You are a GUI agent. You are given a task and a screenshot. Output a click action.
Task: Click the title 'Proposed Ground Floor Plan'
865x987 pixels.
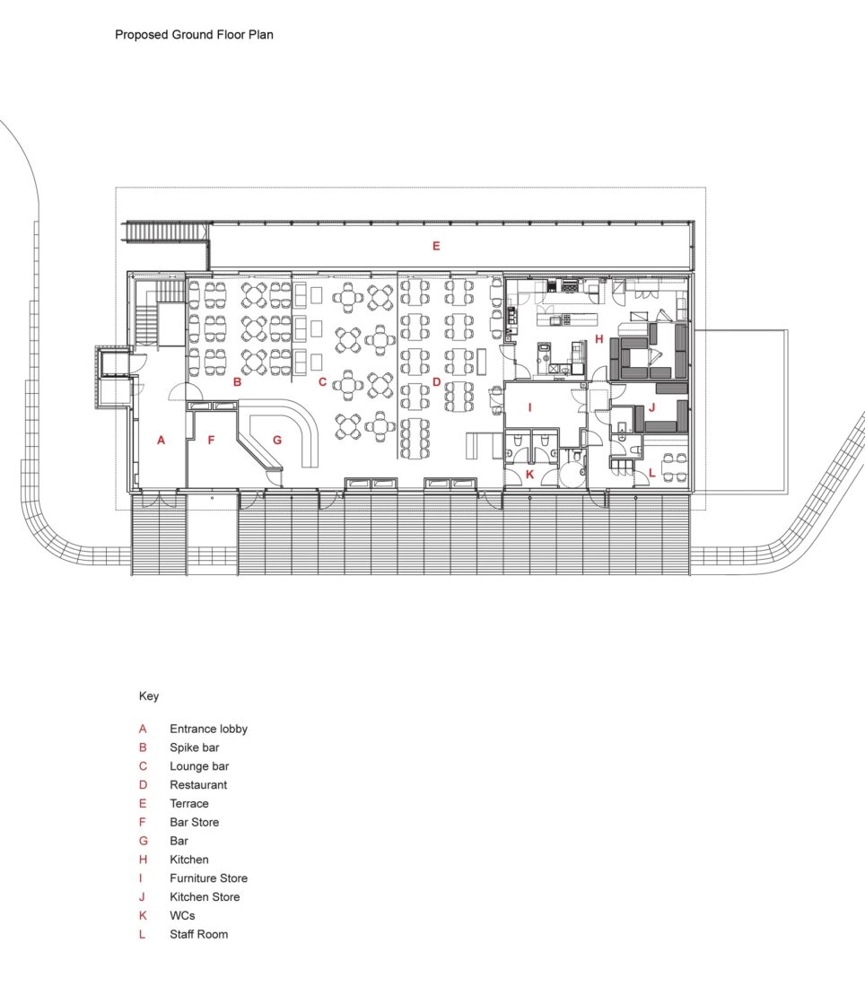pos(194,35)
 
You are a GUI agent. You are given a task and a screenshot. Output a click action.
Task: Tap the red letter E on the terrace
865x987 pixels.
pos(436,246)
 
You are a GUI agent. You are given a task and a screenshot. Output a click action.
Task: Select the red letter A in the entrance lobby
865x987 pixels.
pos(161,440)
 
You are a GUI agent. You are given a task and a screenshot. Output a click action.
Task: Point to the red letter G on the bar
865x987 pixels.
pos(277,440)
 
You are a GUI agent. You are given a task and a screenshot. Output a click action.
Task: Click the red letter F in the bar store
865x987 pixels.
pos(212,440)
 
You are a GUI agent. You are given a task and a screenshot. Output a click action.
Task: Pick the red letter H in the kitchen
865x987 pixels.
pos(599,339)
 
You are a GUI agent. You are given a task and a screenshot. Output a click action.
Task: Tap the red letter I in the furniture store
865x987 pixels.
pos(529,407)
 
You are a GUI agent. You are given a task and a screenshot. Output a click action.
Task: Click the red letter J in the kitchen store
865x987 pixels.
pos(652,407)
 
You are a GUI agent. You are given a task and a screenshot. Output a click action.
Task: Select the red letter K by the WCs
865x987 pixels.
pos(529,473)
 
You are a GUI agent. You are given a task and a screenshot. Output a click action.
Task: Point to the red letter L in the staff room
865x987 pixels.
pos(652,473)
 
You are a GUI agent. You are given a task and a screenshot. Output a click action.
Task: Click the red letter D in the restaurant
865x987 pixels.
pos(436,382)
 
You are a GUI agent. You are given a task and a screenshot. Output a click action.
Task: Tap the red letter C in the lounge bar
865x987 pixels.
pos(321,382)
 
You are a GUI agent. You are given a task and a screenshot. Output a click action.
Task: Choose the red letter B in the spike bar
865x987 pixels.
pos(237,382)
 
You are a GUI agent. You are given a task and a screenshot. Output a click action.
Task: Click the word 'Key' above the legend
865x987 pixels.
pos(148,695)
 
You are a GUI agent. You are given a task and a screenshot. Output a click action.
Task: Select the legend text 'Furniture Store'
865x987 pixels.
pos(208,878)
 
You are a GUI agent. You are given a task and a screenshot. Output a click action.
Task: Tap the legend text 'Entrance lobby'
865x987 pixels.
pos(208,729)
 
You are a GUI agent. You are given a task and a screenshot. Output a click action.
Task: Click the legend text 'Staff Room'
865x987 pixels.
pos(198,934)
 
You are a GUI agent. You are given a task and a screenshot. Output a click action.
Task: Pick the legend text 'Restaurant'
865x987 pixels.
pos(198,785)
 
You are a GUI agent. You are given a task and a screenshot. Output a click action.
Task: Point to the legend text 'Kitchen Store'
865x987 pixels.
pos(205,897)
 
